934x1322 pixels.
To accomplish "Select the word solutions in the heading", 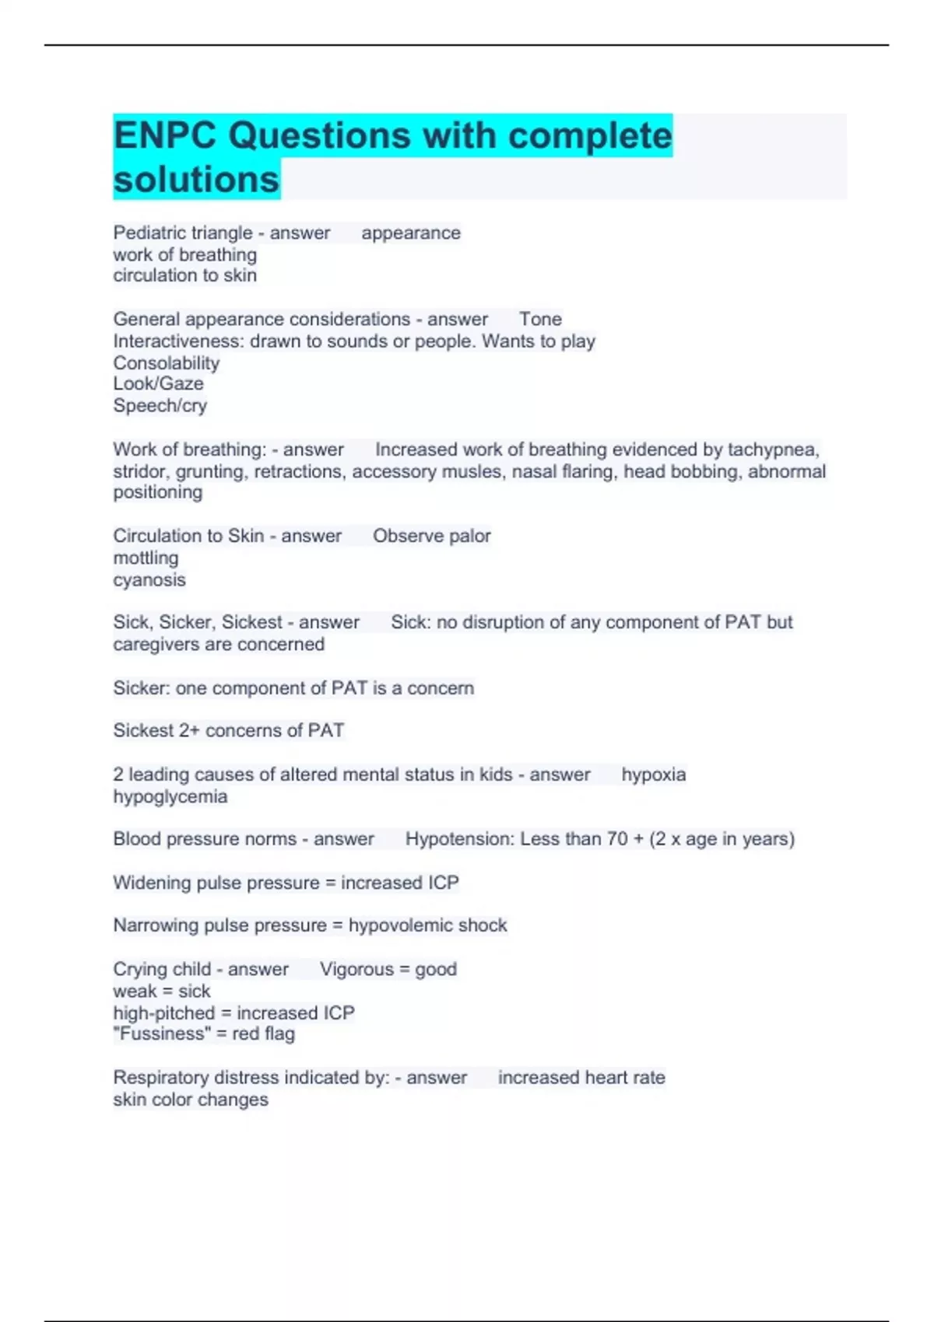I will (196, 179).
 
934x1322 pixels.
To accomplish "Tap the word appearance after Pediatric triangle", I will (410, 233).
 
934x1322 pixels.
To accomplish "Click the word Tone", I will (540, 320).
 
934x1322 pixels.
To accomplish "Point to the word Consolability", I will (167, 363).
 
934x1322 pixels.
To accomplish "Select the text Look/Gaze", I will (158, 384).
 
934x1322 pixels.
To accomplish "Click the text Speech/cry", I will (160, 406).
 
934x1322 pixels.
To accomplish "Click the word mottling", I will (146, 558).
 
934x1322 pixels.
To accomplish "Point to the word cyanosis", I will (149, 580).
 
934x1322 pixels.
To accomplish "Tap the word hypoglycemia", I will (170, 797).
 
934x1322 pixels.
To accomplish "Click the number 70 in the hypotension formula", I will (617, 839).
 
